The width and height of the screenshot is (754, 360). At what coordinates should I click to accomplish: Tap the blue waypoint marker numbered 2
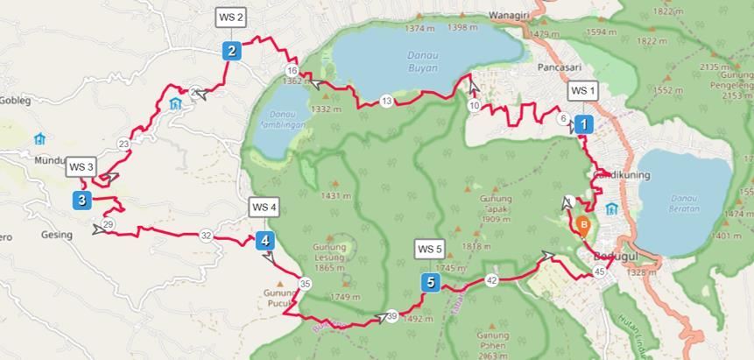tap(231, 51)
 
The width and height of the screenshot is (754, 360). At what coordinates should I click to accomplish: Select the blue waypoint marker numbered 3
tap(81, 201)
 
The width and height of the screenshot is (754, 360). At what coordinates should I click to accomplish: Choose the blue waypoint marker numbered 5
tap(429, 282)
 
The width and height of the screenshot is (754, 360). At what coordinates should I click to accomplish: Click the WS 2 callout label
tap(231, 17)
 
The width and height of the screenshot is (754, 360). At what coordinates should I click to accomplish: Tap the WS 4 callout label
tap(264, 208)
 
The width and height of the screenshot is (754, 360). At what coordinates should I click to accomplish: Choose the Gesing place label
tap(56, 235)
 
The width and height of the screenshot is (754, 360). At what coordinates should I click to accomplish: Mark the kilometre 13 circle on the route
tap(387, 102)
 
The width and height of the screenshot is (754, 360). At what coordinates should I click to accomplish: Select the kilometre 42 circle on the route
tap(491, 280)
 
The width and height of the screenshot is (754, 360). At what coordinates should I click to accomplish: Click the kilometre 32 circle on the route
tap(206, 235)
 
